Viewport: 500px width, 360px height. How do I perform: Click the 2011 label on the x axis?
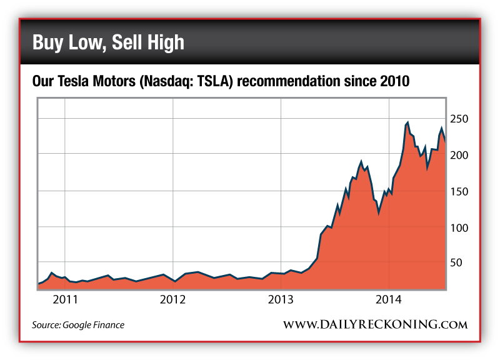[x=65, y=299]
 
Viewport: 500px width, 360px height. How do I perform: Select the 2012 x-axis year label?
[x=173, y=299]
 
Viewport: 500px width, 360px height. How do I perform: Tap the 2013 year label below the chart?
[x=281, y=299]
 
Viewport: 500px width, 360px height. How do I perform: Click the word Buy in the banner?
[x=48, y=42]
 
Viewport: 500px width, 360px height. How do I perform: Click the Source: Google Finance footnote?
[x=78, y=325]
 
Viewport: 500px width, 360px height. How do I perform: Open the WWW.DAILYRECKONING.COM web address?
[x=375, y=324]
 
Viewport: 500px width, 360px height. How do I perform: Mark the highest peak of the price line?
[x=407, y=122]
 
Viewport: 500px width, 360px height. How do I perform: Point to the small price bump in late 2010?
[x=52, y=272]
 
